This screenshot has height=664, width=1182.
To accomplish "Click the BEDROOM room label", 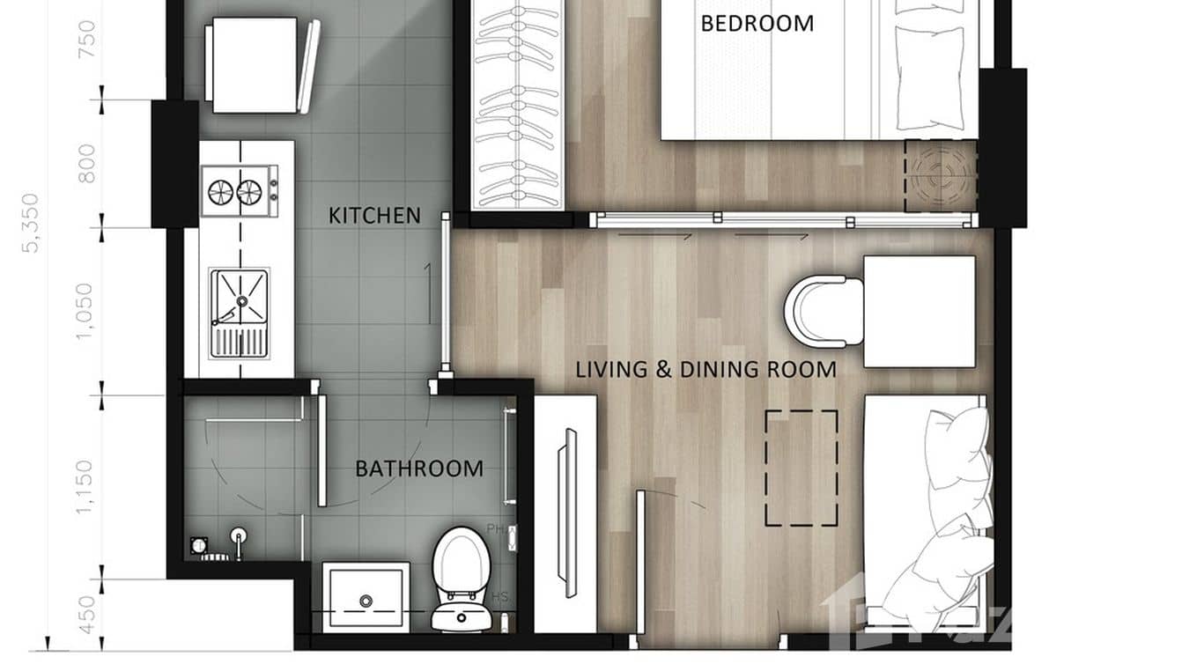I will pos(757,23).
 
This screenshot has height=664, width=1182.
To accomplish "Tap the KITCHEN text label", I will pos(374,215).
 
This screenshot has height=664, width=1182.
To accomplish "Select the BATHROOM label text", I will pos(418,468).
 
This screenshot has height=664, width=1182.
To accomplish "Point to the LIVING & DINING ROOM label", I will pos(706,369).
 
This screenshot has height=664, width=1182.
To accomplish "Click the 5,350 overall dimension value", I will pos(33,223).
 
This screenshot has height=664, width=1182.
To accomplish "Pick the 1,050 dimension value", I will pos(85,310).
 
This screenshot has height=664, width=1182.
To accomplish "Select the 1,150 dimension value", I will pos(85,486).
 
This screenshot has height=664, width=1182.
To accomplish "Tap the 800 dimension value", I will pos(86,164).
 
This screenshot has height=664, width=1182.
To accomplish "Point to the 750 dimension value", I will pos(86,38).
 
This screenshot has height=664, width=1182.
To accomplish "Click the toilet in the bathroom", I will pos(461,577).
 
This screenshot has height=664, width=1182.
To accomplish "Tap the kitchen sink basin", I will pos(239,298).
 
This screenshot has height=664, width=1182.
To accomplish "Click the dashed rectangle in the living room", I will pos(801,468).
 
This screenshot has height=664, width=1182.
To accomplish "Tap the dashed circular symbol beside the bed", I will pos(939,176).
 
